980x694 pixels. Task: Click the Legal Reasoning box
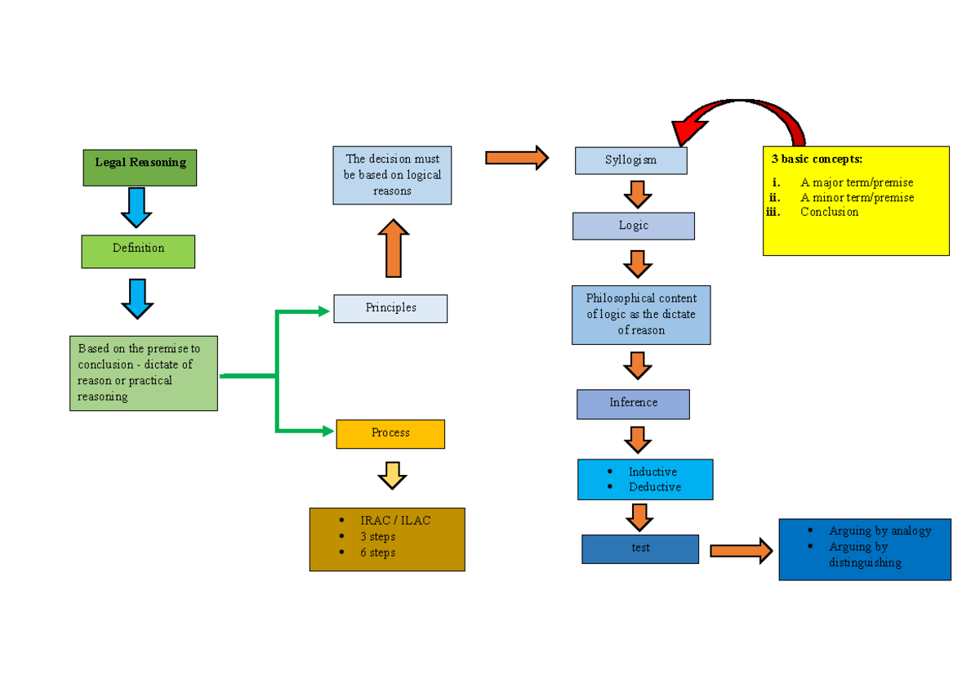140,168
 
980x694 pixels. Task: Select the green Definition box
138,251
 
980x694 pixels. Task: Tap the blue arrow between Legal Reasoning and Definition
136,208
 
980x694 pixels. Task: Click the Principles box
390,308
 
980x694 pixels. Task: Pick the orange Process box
390,433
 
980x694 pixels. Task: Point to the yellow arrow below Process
392,475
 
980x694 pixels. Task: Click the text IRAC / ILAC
395,521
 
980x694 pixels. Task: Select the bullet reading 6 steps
377,553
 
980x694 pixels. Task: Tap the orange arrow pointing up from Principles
394,248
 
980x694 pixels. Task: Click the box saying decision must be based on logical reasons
392,175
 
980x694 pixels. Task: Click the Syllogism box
630,160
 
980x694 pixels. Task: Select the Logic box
633,226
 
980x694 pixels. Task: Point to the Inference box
633,403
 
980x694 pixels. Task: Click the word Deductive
654,487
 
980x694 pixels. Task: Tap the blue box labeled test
640,548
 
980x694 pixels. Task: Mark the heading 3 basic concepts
817,159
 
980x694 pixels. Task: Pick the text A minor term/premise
857,198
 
